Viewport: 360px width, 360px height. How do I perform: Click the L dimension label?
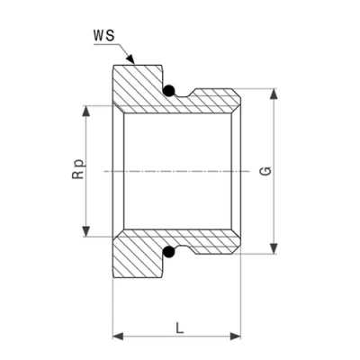pyautogui.click(x=179, y=328)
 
